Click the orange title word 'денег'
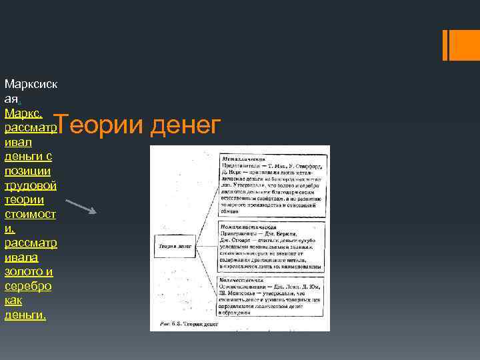tap(186, 125)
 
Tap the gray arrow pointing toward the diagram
tap(82, 206)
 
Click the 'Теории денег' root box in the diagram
tap(175, 246)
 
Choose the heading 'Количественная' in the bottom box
tap(244, 279)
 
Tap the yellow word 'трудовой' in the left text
tap(30, 185)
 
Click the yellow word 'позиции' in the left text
tap(27, 171)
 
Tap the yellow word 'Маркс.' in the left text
tap(24, 112)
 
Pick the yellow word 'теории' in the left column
tap(24, 199)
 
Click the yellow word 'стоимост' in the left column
tap(30, 213)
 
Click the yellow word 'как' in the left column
tap(13, 301)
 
